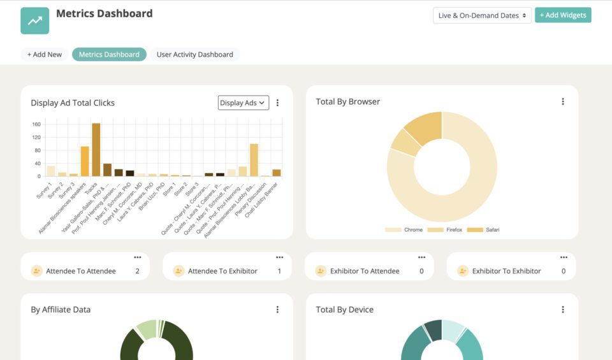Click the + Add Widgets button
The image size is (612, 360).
click(563, 15)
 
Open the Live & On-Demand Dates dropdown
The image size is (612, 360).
click(482, 15)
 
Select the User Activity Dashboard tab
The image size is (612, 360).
click(194, 55)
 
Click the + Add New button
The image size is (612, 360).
click(45, 55)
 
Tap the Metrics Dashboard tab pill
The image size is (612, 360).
click(109, 55)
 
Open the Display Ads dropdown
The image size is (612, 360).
click(243, 103)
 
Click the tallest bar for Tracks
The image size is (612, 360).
click(96, 150)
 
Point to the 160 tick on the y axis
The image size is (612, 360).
click(36, 124)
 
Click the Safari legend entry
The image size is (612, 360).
click(486, 229)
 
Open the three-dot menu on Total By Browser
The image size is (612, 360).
click(563, 101)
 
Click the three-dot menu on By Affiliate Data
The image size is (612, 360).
click(277, 310)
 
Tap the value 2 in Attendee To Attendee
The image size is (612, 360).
click(137, 271)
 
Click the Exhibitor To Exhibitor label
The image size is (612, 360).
click(506, 271)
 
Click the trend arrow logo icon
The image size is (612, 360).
click(34, 20)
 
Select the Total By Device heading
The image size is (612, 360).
click(344, 310)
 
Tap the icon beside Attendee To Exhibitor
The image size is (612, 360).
click(178, 271)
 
